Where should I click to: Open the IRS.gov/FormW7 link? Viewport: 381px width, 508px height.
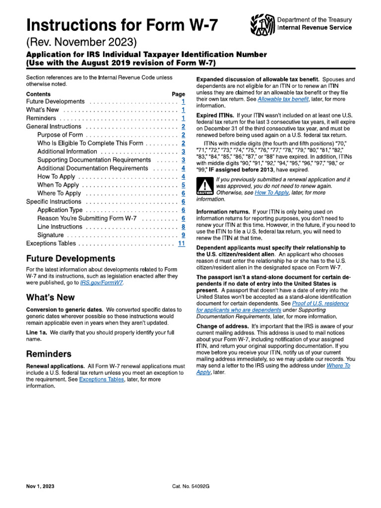(x=102, y=282)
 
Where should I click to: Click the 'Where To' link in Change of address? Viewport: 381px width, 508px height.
(x=338, y=365)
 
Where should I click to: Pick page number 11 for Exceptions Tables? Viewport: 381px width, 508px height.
(x=181, y=244)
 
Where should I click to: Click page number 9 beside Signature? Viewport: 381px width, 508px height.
(x=183, y=235)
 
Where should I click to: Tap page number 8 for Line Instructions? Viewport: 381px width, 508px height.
(x=183, y=227)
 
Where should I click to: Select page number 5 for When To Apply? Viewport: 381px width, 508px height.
(x=183, y=185)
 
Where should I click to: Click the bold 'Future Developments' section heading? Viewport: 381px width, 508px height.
(x=70, y=258)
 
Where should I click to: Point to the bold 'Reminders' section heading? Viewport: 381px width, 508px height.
(x=49, y=354)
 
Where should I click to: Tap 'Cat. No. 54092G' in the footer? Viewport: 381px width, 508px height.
(x=191, y=487)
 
